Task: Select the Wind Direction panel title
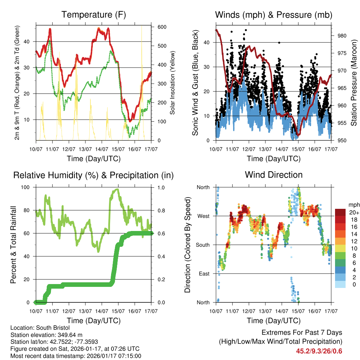coord(274,175)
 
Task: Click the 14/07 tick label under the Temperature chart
coord(102,149)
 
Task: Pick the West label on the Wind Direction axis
coord(203,216)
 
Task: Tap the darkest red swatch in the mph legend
coord(340,212)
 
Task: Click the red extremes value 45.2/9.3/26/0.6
coord(319,351)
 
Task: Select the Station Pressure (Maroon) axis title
coord(354,83)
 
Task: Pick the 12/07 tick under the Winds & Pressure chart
coord(249,149)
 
